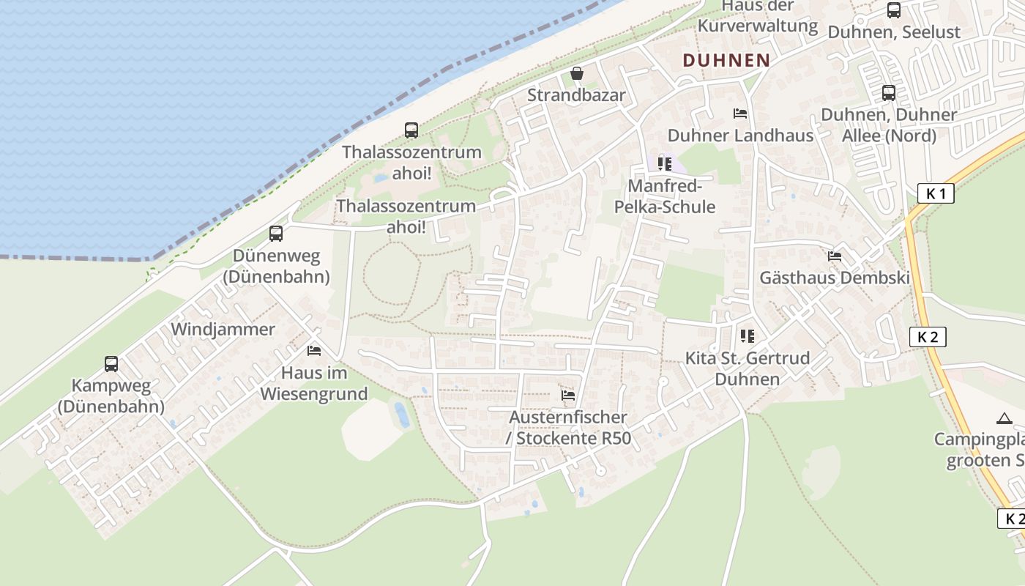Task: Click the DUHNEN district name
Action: tap(726, 60)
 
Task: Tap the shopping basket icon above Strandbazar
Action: tap(577, 74)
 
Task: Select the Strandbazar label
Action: tap(577, 95)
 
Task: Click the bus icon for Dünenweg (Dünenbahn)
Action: tap(276, 234)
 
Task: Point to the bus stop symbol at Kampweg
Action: tap(111, 363)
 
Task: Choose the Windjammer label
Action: tap(223, 329)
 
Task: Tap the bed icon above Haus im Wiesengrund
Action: tap(314, 351)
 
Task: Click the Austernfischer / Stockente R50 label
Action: tap(568, 428)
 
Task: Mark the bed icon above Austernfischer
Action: tap(568, 396)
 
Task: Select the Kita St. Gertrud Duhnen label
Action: tap(747, 368)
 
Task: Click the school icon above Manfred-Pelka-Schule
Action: tap(665, 164)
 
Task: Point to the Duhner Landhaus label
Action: tap(740, 136)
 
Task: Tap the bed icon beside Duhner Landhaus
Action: tap(740, 114)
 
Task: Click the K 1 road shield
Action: tap(936, 194)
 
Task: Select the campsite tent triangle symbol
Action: tap(1004, 419)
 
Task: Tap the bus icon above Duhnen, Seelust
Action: tap(894, 10)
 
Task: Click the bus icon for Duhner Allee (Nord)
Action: tap(889, 93)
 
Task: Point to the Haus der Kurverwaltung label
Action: tap(757, 16)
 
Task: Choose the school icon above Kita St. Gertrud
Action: tap(747, 336)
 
